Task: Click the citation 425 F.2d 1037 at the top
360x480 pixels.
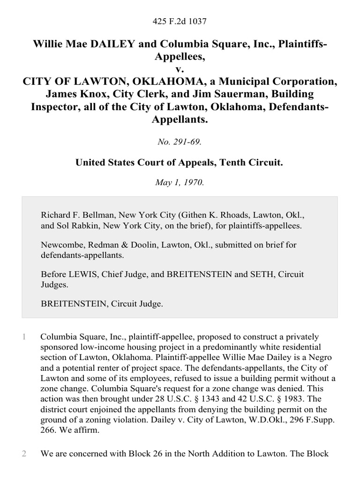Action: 180,21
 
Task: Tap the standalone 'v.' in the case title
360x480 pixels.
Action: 180,69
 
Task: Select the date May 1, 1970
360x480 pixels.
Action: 180,183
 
